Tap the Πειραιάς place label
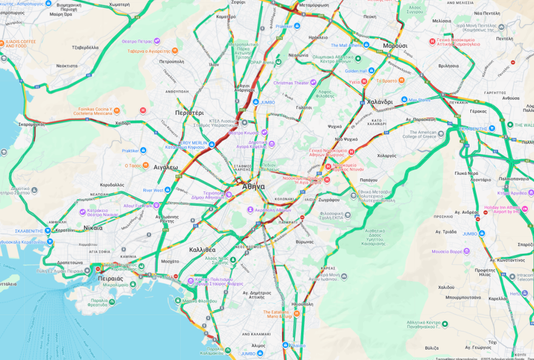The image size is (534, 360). point(110,279)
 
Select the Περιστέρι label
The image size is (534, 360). point(189,113)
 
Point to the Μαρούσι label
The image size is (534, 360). point(395,46)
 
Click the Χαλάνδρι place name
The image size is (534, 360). point(380,101)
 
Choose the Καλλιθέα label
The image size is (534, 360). point(202,250)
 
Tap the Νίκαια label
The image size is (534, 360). point(93,228)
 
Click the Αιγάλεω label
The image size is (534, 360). point(166,166)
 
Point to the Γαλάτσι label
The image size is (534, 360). point(304,107)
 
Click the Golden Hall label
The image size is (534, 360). point(356,71)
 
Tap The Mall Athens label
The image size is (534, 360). point(346,46)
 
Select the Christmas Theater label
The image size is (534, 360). point(291,83)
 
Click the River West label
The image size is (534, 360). point(153,190)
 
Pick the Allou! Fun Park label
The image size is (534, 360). point(137,206)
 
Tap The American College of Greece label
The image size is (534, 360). point(419,134)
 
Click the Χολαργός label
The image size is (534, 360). point(386,155)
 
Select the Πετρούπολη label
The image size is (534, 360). point(171,61)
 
